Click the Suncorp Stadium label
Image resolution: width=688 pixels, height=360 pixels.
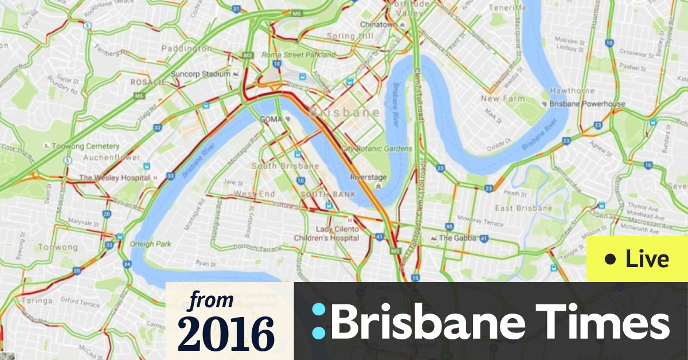tap(200, 75)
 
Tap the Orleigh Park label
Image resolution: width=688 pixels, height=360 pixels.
tap(151, 244)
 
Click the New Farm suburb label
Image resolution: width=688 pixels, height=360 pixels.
tap(502, 99)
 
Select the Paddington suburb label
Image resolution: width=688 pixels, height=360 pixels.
tap(186, 49)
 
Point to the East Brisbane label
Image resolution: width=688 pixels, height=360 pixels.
tap(523, 208)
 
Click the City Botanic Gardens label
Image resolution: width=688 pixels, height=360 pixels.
tap(377, 148)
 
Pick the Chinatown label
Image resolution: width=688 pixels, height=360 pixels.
tap(379, 25)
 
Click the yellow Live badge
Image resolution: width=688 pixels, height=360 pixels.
tap(637, 260)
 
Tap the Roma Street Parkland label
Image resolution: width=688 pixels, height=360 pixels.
tap(298, 55)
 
